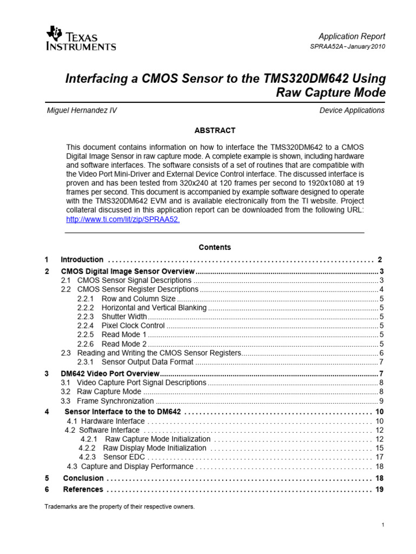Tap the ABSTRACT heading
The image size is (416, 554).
coord(214,130)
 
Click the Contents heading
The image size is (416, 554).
coord(214,247)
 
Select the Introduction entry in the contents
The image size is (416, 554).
coord(82,260)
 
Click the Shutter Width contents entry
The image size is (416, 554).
coord(124,316)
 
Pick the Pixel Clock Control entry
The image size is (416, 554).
coord(133,326)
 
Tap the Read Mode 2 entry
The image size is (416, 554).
coord(124,344)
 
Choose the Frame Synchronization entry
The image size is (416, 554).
coord(115,401)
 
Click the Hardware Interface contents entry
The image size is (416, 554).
coord(106,421)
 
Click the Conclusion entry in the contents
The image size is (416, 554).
coord(83,478)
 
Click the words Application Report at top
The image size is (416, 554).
coord(352,36)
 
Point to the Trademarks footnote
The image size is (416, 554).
coord(119,507)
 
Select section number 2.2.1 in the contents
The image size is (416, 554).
coord(86,299)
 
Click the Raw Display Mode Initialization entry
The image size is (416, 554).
coord(154,448)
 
